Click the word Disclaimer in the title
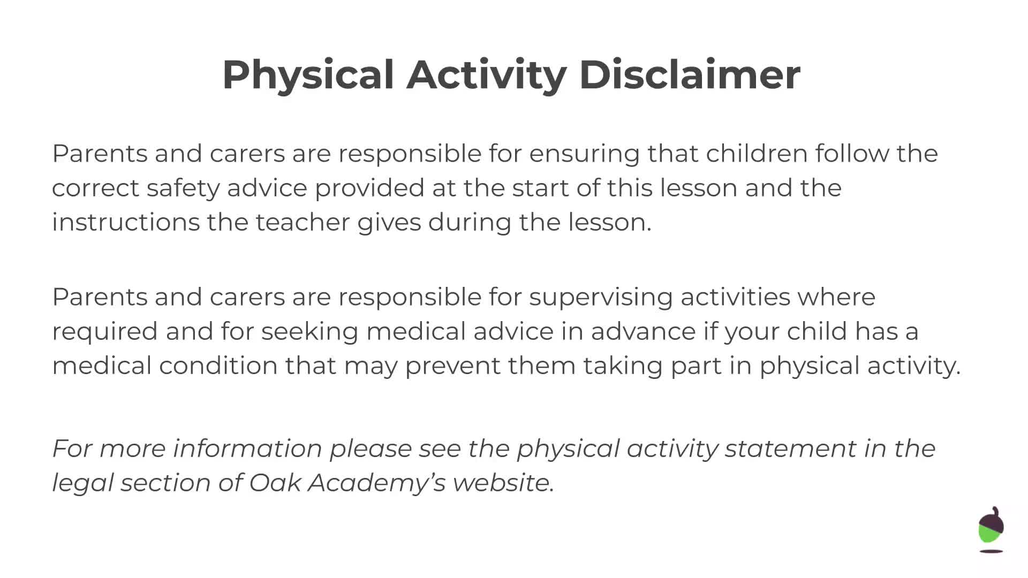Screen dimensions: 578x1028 point(690,75)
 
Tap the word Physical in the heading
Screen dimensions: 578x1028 point(308,75)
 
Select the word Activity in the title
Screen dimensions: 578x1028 point(486,75)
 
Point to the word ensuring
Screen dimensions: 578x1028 point(584,154)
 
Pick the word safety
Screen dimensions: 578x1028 point(183,188)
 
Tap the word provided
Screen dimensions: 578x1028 point(369,188)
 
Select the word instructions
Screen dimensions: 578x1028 point(126,223)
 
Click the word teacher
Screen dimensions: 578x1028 point(303,223)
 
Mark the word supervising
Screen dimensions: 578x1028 point(601,298)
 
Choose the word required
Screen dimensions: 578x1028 point(105,332)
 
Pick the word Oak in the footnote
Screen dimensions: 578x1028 point(275,483)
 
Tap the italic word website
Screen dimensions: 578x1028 point(503,483)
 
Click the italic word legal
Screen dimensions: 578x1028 point(82,483)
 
